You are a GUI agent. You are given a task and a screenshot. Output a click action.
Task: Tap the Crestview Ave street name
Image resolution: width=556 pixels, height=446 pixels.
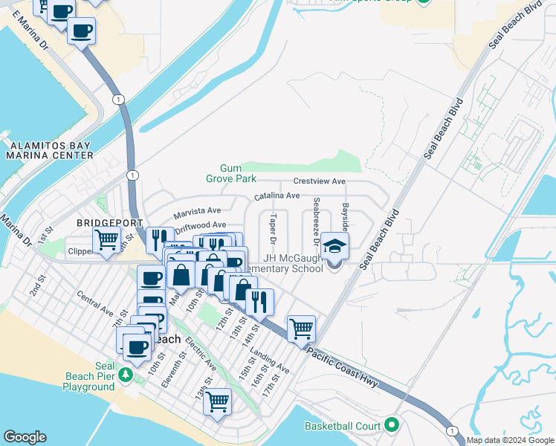(x=320, y=181)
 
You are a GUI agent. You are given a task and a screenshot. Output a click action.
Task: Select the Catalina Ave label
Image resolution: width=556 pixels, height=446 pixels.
(x=277, y=195)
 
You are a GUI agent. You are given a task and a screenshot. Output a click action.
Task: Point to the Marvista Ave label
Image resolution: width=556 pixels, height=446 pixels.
(x=198, y=213)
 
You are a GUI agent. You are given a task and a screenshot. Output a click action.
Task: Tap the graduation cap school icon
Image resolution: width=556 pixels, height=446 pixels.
(x=334, y=245)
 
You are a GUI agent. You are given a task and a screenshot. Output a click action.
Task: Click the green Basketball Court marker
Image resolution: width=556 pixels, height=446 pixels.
(x=392, y=426)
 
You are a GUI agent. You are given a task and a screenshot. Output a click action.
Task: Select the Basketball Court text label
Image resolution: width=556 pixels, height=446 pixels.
(x=342, y=427)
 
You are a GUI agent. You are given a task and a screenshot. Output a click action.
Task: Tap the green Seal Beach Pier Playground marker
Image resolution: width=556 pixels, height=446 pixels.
(x=126, y=375)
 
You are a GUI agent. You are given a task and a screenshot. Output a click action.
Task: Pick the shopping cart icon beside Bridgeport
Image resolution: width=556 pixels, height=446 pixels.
(x=106, y=239)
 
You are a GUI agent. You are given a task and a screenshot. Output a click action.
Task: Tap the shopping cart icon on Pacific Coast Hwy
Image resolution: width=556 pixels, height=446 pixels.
(x=301, y=328)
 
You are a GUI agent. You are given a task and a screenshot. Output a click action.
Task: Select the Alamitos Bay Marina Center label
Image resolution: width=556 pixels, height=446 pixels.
(x=49, y=150)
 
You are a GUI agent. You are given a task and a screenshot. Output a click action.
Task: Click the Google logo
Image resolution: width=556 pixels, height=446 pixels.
(x=25, y=437)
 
